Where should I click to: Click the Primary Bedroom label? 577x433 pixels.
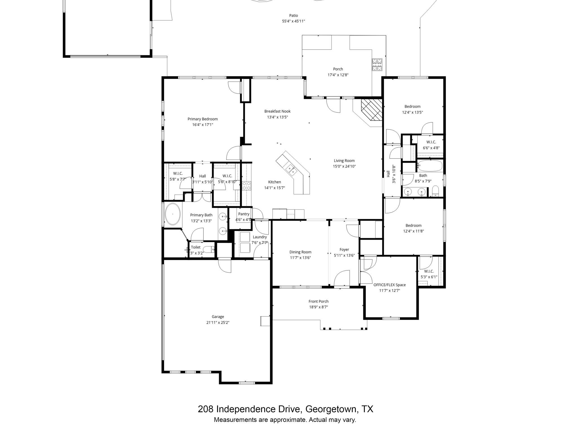click(203, 119)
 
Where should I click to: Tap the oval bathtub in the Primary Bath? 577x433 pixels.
click(173, 214)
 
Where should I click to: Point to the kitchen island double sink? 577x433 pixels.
click(291, 170)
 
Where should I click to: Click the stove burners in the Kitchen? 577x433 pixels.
click(247, 186)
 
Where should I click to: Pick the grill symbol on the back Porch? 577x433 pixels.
click(377, 65)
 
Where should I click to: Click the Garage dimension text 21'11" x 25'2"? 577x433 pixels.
click(218, 322)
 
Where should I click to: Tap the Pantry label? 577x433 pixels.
click(244, 214)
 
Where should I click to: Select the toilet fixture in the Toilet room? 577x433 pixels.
click(209, 249)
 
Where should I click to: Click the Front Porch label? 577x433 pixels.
click(318, 301)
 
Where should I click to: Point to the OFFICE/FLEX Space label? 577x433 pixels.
click(389, 285)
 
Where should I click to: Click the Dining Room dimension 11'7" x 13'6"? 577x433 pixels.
click(300, 258)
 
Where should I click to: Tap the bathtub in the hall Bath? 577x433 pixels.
click(429, 165)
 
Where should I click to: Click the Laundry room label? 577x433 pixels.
click(259, 237)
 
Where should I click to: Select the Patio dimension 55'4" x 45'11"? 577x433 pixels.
click(293, 21)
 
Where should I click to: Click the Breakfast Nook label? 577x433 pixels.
click(277, 111)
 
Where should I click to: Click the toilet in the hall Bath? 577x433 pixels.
click(436, 191)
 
